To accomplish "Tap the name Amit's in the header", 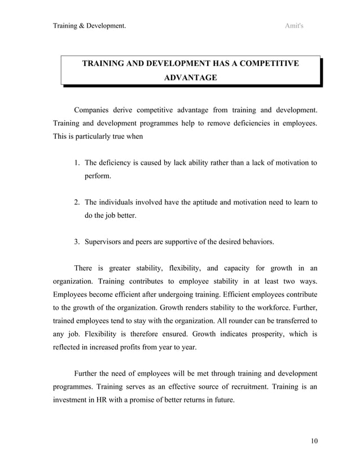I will coord(294,25).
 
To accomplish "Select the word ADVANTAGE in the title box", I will coord(190,77).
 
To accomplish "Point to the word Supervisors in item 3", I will coord(104,242).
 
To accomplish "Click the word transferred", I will coord(288,321).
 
